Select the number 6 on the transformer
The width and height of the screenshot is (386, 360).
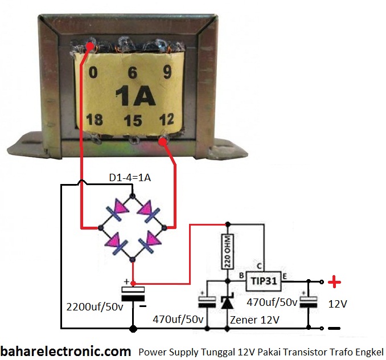[x=133, y=72]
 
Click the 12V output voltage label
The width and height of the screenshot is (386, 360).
[x=338, y=304]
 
